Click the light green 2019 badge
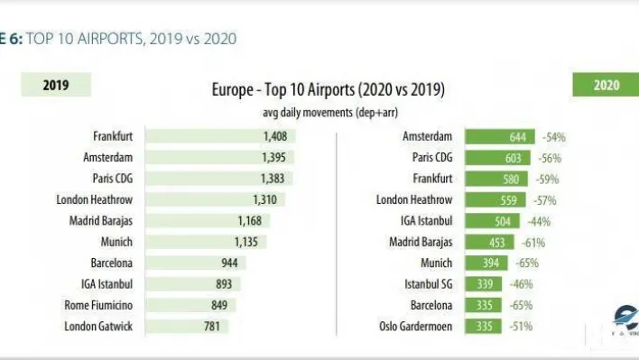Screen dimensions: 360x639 [56, 86]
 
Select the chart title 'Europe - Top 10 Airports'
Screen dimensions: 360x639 [328, 91]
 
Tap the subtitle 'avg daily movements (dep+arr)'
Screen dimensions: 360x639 [328, 113]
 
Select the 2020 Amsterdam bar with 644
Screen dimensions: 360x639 [501, 137]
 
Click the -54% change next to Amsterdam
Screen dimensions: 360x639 [553, 137]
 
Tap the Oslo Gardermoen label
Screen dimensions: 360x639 [413, 326]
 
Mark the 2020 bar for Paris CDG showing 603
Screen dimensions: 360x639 [499, 158]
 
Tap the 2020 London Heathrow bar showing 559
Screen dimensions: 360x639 [497, 200]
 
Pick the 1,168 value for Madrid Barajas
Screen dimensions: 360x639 [212, 221]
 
